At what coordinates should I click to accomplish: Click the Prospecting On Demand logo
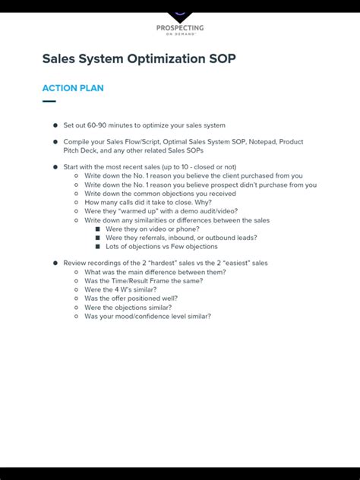tap(180, 24)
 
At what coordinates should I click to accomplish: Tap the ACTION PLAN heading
tap(73, 88)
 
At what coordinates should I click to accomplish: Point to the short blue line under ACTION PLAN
tap(49, 101)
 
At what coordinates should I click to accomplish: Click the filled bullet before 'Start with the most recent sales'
tap(55, 166)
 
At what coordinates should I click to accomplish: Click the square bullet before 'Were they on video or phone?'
tap(97, 229)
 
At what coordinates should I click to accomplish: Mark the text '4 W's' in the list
tap(122, 290)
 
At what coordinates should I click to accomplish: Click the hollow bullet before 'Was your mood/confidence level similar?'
tap(76, 317)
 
